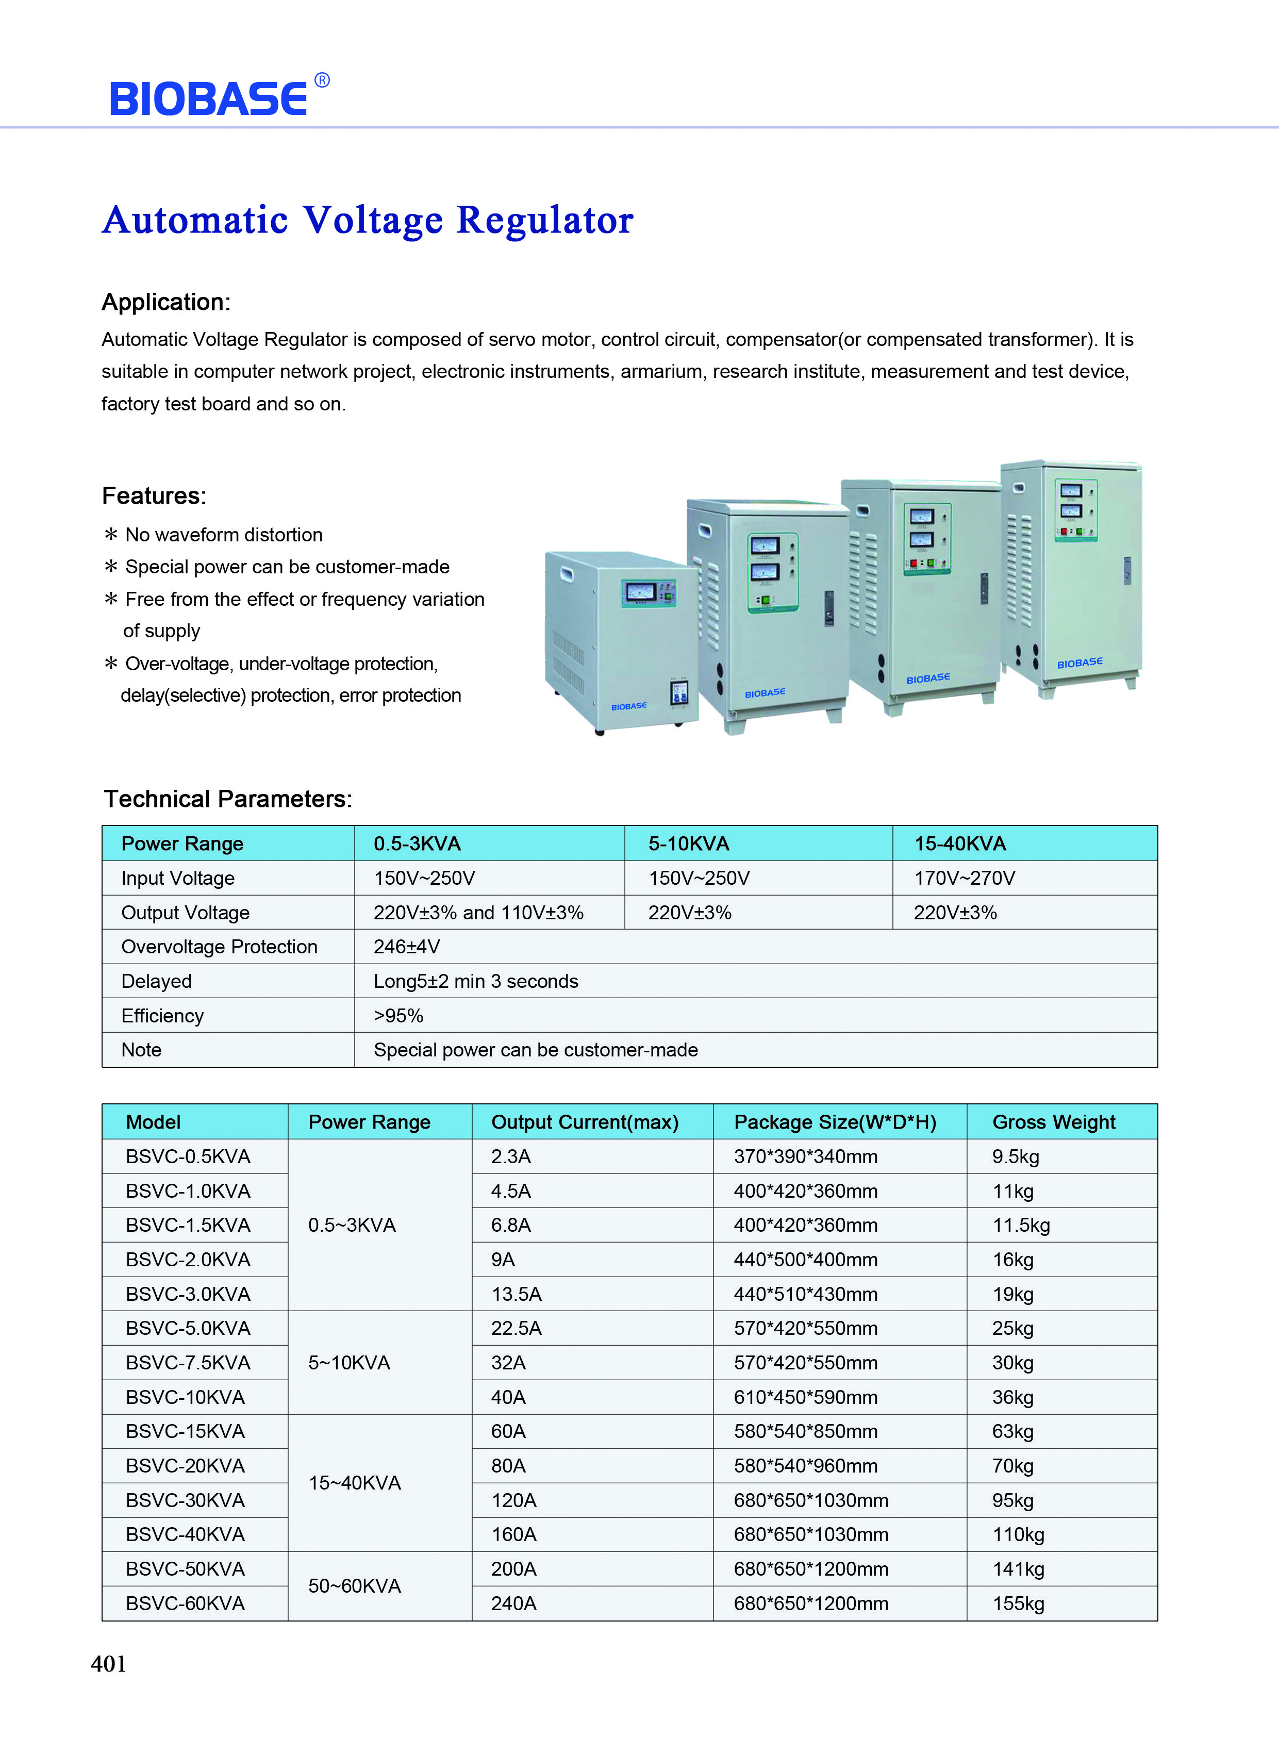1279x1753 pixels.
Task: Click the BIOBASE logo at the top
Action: coord(209,98)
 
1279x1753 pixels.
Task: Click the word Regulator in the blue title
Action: coord(545,221)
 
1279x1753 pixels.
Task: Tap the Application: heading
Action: coord(165,302)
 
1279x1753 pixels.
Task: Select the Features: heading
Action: coord(154,495)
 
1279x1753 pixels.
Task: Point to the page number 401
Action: coord(108,1663)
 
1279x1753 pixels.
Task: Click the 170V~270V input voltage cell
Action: coord(964,878)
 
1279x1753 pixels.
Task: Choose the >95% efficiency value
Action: coord(398,1015)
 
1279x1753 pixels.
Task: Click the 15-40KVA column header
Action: coord(960,843)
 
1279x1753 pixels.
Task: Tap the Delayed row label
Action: coord(156,981)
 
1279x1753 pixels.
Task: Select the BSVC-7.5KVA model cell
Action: coord(188,1363)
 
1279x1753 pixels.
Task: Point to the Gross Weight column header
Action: coord(1054,1122)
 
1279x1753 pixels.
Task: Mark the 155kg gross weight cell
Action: coord(1018,1603)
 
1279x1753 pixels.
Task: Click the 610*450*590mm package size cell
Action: coord(805,1397)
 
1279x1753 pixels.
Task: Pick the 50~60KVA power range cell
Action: coord(355,1586)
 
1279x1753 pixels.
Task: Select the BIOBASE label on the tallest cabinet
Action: coord(1079,663)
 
